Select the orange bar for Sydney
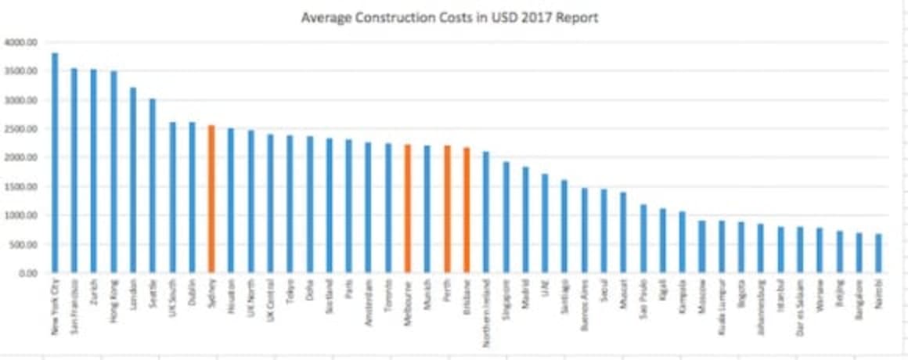(x=211, y=199)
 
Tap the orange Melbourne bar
(x=407, y=208)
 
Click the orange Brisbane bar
(x=467, y=210)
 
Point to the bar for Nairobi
(x=878, y=253)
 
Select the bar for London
(x=132, y=180)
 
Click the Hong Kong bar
(x=113, y=171)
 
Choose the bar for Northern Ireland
(x=486, y=212)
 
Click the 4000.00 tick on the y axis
(x=20, y=42)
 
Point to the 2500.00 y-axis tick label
(x=20, y=129)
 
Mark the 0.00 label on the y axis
(x=25, y=273)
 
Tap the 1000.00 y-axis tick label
(x=20, y=215)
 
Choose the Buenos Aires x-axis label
(x=585, y=302)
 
